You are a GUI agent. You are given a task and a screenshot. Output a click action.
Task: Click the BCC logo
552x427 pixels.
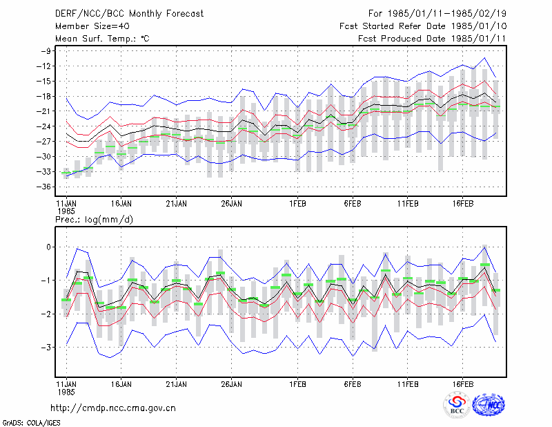[457, 405]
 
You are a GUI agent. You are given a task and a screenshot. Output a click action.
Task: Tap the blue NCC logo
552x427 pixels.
[489, 405]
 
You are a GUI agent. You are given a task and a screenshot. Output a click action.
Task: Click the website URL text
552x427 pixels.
[113, 408]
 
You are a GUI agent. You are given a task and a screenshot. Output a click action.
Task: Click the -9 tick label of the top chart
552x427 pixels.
[46, 51]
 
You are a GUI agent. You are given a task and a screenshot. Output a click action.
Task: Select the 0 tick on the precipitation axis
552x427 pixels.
[48, 247]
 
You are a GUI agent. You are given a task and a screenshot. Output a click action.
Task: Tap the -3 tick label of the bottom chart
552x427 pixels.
[46, 348]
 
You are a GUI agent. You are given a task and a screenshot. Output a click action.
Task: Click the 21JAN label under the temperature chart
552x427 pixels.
[177, 204]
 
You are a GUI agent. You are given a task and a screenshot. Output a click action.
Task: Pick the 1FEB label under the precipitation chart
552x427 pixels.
[298, 384]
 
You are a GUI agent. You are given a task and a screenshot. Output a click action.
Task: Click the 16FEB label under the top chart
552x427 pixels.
[462, 204]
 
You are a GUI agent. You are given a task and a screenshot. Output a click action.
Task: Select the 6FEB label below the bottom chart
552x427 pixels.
[353, 384]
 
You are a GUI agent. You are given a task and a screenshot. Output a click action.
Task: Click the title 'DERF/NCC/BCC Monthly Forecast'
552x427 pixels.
[129, 14]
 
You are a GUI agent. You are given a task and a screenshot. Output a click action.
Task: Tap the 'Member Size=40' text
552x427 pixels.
[92, 26]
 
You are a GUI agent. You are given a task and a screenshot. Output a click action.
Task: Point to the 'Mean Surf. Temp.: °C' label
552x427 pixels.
[102, 39]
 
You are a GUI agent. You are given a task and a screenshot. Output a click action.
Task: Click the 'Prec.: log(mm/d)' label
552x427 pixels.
[94, 220]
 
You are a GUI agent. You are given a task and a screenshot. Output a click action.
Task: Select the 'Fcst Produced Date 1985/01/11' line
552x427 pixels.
[432, 39]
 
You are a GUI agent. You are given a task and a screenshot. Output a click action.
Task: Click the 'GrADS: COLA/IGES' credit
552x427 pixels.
[31, 423]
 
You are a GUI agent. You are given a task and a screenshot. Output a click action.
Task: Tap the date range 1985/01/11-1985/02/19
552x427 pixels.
[446, 14]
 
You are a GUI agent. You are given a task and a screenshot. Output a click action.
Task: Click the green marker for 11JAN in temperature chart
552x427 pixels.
[66, 173]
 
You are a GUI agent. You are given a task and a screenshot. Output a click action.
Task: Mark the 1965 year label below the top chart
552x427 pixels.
[66, 211]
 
